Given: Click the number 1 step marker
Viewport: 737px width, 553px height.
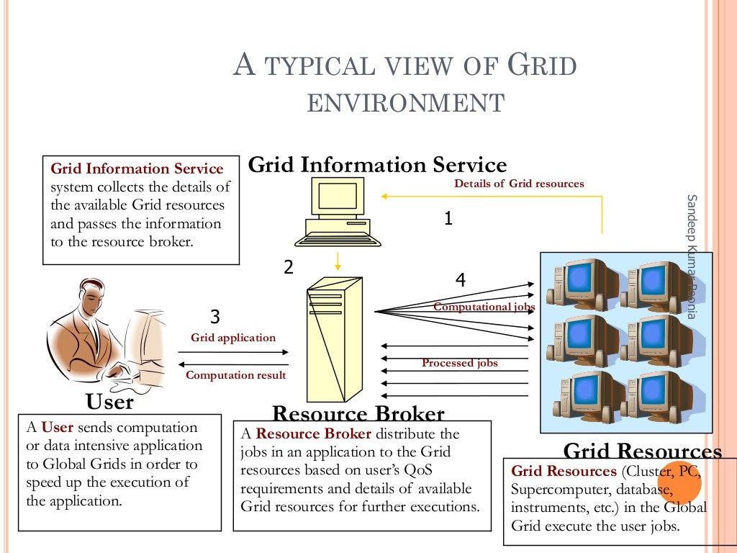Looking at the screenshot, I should tap(448, 218).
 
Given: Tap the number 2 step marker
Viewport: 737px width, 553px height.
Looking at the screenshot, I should tap(288, 267).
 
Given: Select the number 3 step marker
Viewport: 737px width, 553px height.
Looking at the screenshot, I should tap(214, 316).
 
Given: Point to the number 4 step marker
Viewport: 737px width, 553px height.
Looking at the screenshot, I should tap(461, 280).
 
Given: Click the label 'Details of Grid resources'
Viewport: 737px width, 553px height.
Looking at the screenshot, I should tap(519, 184).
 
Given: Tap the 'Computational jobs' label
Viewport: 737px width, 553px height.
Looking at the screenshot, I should tap(484, 307).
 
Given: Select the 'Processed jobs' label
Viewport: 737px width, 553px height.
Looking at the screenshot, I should tap(459, 363).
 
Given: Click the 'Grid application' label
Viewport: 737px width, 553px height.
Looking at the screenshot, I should tap(232, 337).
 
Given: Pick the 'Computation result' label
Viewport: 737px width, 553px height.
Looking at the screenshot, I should tap(235, 375).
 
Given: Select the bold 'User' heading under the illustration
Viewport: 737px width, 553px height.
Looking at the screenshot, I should tap(109, 401).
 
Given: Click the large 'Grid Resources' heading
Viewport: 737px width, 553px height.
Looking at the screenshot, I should tap(642, 451).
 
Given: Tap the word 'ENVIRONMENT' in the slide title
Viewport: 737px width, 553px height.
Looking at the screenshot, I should tap(405, 103).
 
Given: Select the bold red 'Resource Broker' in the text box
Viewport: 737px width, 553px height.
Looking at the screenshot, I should tap(314, 433).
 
